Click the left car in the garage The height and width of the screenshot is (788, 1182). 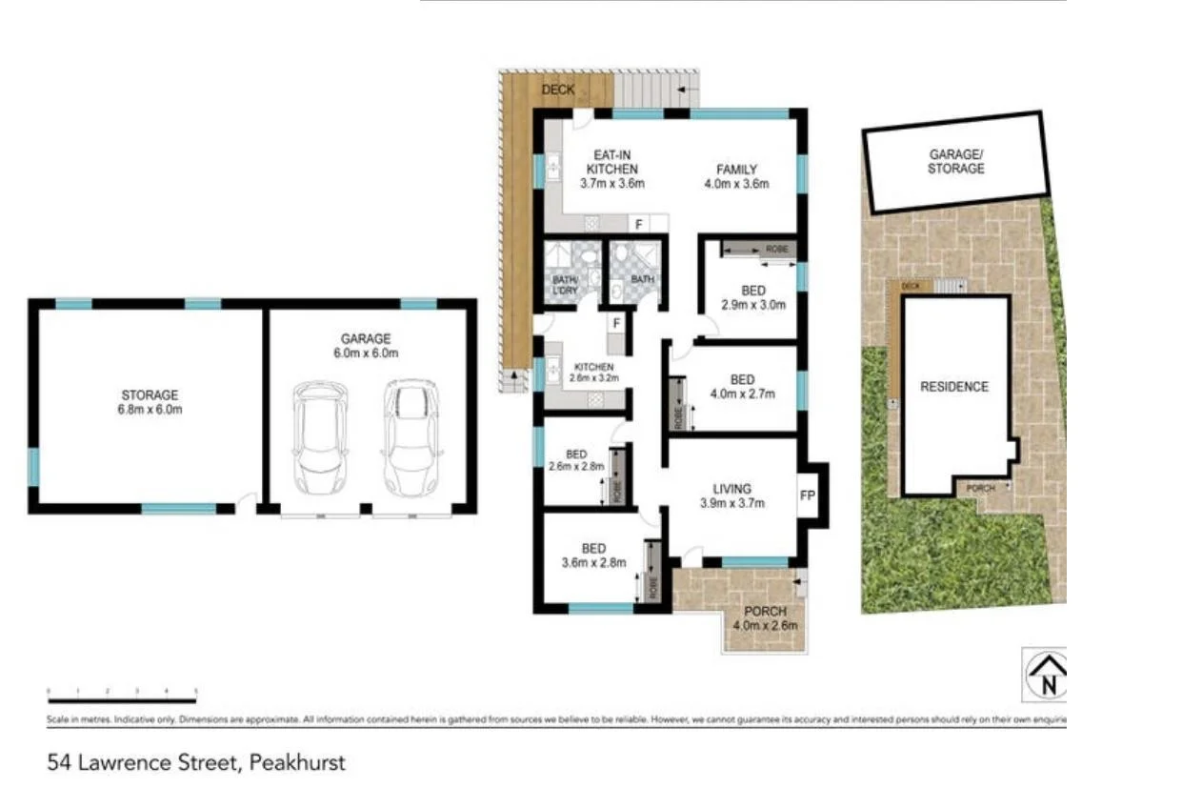(320, 437)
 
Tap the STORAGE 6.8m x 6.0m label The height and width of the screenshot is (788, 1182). (149, 402)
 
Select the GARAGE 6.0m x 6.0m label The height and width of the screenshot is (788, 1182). (366, 345)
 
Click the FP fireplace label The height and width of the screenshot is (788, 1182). (807, 496)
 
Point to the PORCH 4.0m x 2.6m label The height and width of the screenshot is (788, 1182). (765, 618)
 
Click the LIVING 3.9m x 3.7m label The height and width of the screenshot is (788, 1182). (732, 497)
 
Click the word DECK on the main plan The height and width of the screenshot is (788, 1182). (558, 90)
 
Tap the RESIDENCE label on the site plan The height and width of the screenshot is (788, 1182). (953, 387)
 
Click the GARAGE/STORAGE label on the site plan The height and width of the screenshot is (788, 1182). (956, 161)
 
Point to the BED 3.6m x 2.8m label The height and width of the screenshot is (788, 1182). (593, 556)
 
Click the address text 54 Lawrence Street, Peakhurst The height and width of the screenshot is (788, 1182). (196, 762)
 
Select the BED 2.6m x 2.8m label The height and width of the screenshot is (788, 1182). (576, 460)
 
